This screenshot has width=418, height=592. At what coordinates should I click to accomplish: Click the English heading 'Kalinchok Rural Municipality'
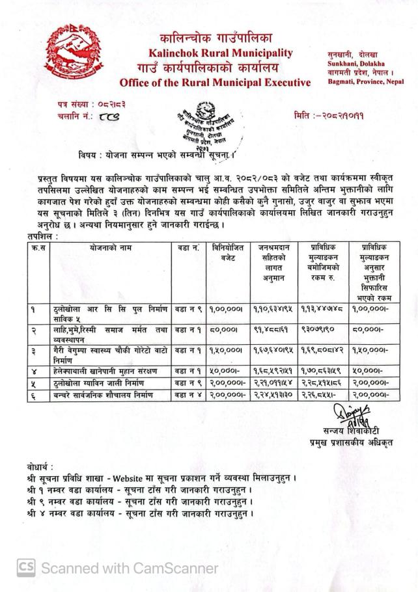point(221,53)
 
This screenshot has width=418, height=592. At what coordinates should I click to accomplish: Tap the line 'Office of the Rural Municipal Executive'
point(216,83)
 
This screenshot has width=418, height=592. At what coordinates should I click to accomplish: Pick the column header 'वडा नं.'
point(188,247)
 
